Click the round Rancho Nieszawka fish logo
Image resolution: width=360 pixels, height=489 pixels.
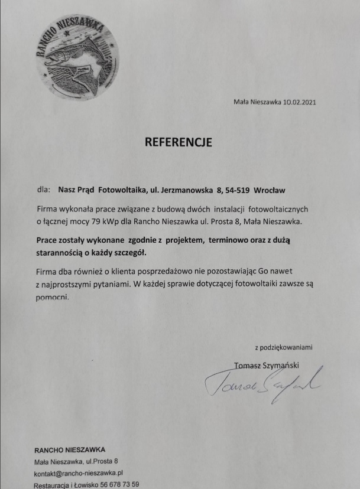point(76,57)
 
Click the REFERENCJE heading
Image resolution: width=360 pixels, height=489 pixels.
point(178,142)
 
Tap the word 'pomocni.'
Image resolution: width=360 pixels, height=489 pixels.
point(53,297)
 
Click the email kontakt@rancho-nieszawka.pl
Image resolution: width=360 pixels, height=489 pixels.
point(77,472)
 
